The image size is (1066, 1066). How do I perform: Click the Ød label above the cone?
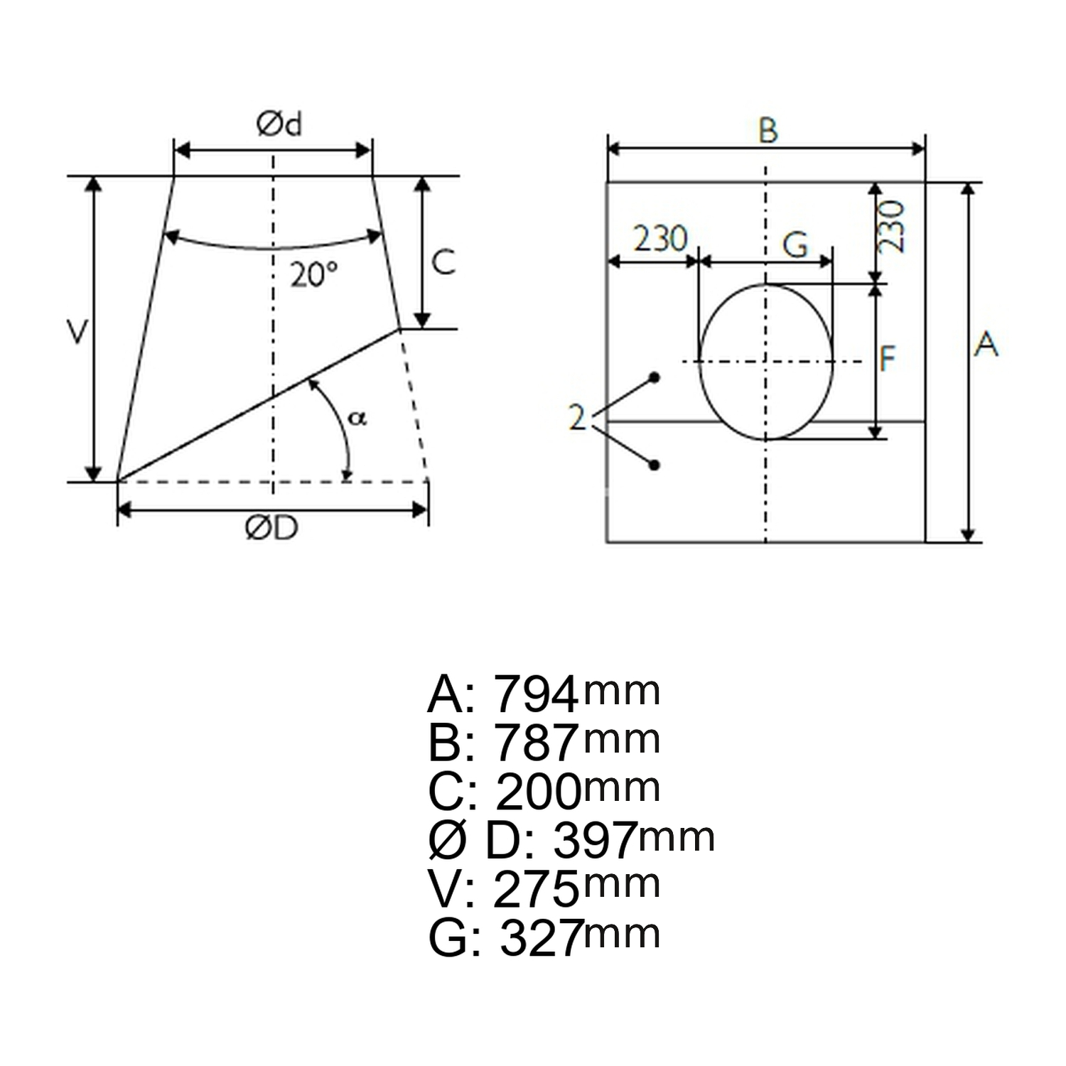coord(279,124)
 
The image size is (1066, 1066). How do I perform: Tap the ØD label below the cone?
coord(271,528)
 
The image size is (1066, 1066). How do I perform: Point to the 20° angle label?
coord(313,274)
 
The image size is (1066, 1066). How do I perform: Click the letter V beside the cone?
coord(77,332)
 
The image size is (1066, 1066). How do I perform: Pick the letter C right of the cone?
coord(443,262)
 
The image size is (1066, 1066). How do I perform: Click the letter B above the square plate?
coord(768,131)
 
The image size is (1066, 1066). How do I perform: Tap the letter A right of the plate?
coord(986,345)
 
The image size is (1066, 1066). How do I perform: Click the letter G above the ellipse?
coord(796,245)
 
